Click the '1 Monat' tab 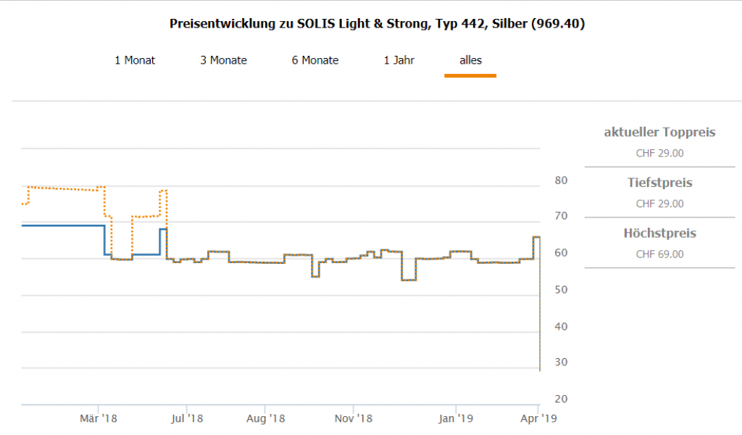pos(135,60)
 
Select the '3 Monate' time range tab pos(223,60)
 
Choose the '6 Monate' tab pos(315,60)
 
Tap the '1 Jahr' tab pos(399,60)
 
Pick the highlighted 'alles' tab pos(470,60)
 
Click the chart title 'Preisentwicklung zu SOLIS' pos(377,24)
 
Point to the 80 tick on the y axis pos(561,181)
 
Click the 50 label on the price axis pos(561,290)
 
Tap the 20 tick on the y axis pos(561,399)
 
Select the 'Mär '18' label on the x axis pos(99,418)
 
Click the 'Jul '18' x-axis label pos(188,418)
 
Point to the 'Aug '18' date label pos(265,418)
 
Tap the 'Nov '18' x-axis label pos(354,418)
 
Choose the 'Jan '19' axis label pos(457,418)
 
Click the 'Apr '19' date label pos(539,418)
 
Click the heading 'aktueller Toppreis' pos(659,132)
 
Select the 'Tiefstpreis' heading pos(659,183)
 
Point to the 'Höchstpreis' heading pos(659,233)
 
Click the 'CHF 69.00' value pos(659,254)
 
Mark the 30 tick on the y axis pos(561,362)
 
